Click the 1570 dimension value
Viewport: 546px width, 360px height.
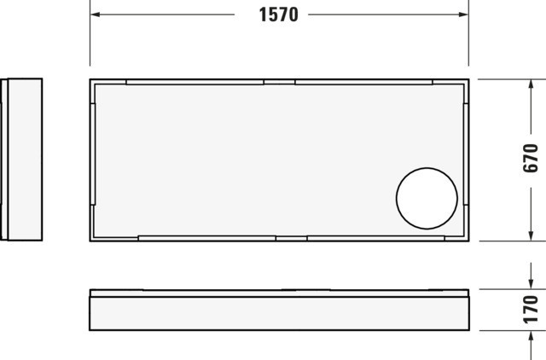click(279, 15)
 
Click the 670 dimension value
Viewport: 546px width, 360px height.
click(531, 159)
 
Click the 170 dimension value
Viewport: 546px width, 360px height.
click(531, 310)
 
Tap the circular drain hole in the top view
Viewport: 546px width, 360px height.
click(427, 199)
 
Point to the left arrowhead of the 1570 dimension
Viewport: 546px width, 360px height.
click(95, 15)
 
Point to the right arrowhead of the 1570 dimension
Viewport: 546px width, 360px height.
click(463, 15)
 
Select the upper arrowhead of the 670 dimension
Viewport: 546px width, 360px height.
click(531, 84)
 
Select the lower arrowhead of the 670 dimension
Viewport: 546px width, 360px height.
click(531, 235)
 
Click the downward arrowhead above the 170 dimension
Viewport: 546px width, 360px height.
click(531, 284)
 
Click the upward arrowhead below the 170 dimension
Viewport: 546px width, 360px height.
click(531, 336)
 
